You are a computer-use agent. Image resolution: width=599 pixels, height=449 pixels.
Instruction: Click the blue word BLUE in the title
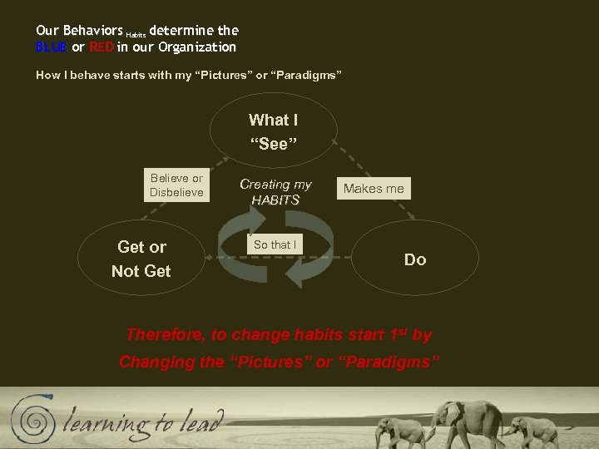(x=52, y=47)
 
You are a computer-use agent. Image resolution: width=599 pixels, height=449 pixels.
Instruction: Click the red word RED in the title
(x=101, y=47)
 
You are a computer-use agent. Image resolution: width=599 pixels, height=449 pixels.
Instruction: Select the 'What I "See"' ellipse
(x=274, y=131)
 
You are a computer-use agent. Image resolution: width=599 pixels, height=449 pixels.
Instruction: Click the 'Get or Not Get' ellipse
(x=141, y=259)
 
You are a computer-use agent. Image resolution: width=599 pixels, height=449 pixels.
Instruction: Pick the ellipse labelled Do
(x=415, y=259)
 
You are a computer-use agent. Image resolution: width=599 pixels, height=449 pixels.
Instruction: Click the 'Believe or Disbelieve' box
(x=176, y=185)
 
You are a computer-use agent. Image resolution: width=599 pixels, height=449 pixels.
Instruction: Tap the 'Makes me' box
(x=374, y=189)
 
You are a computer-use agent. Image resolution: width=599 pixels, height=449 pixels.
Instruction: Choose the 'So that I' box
(x=275, y=244)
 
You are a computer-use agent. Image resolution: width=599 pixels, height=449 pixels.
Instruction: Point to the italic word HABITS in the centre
(x=275, y=200)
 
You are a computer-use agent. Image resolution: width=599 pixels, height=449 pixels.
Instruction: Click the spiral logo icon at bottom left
(x=30, y=416)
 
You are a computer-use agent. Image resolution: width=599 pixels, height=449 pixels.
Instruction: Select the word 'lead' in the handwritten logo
(x=201, y=422)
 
